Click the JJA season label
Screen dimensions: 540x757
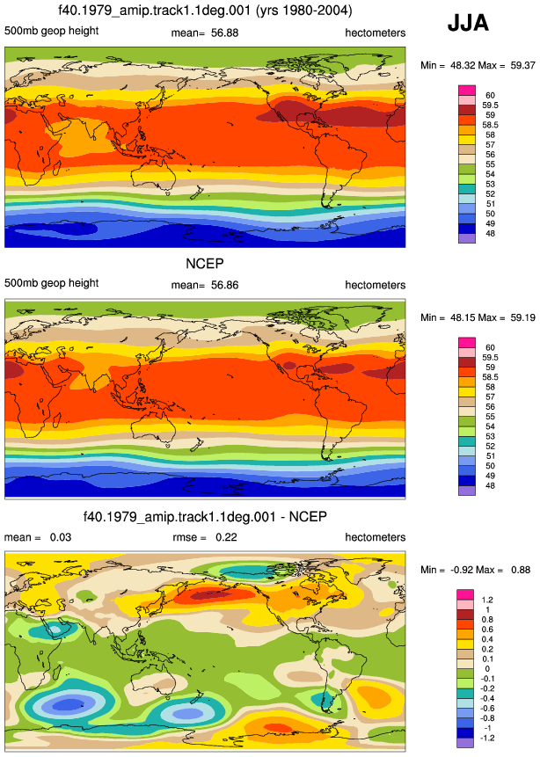click(468, 23)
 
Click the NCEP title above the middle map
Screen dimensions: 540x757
click(205, 264)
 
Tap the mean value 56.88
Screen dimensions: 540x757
click(224, 33)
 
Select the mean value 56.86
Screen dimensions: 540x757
click(224, 285)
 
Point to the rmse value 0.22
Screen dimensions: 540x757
click(226, 537)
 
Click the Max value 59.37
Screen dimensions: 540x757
click(522, 65)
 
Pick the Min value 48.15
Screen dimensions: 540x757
click(463, 317)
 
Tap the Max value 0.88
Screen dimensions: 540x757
click(520, 570)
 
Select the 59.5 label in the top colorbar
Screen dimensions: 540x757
click(490, 106)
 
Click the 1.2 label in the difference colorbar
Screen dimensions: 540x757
click(487, 601)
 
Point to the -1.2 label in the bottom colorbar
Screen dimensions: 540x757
click(487, 739)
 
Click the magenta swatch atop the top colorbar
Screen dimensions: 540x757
click(467, 91)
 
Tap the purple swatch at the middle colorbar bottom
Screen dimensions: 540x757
click(467, 491)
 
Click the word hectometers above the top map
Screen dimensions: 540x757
click(376, 33)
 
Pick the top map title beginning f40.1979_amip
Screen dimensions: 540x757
click(205, 11)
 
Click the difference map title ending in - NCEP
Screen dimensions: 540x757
click(205, 517)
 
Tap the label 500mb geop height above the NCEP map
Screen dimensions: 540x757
click(52, 283)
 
